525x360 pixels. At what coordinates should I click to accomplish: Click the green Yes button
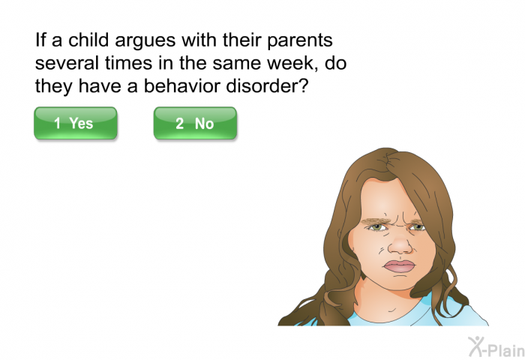[76, 123]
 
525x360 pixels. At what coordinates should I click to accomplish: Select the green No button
[195, 123]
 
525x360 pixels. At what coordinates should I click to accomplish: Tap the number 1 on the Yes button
[57, 123]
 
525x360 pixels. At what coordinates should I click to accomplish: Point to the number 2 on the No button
[179, 124]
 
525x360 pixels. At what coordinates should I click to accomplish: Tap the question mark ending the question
[302, 85]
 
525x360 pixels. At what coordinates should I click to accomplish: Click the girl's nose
[400, 244]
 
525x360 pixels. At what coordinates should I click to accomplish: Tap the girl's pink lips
[399, 266]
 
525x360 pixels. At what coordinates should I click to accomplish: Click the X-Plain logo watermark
[496, 347]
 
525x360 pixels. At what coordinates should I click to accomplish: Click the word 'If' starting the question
[40, 40]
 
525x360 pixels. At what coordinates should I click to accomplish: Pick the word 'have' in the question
[100, 85]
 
